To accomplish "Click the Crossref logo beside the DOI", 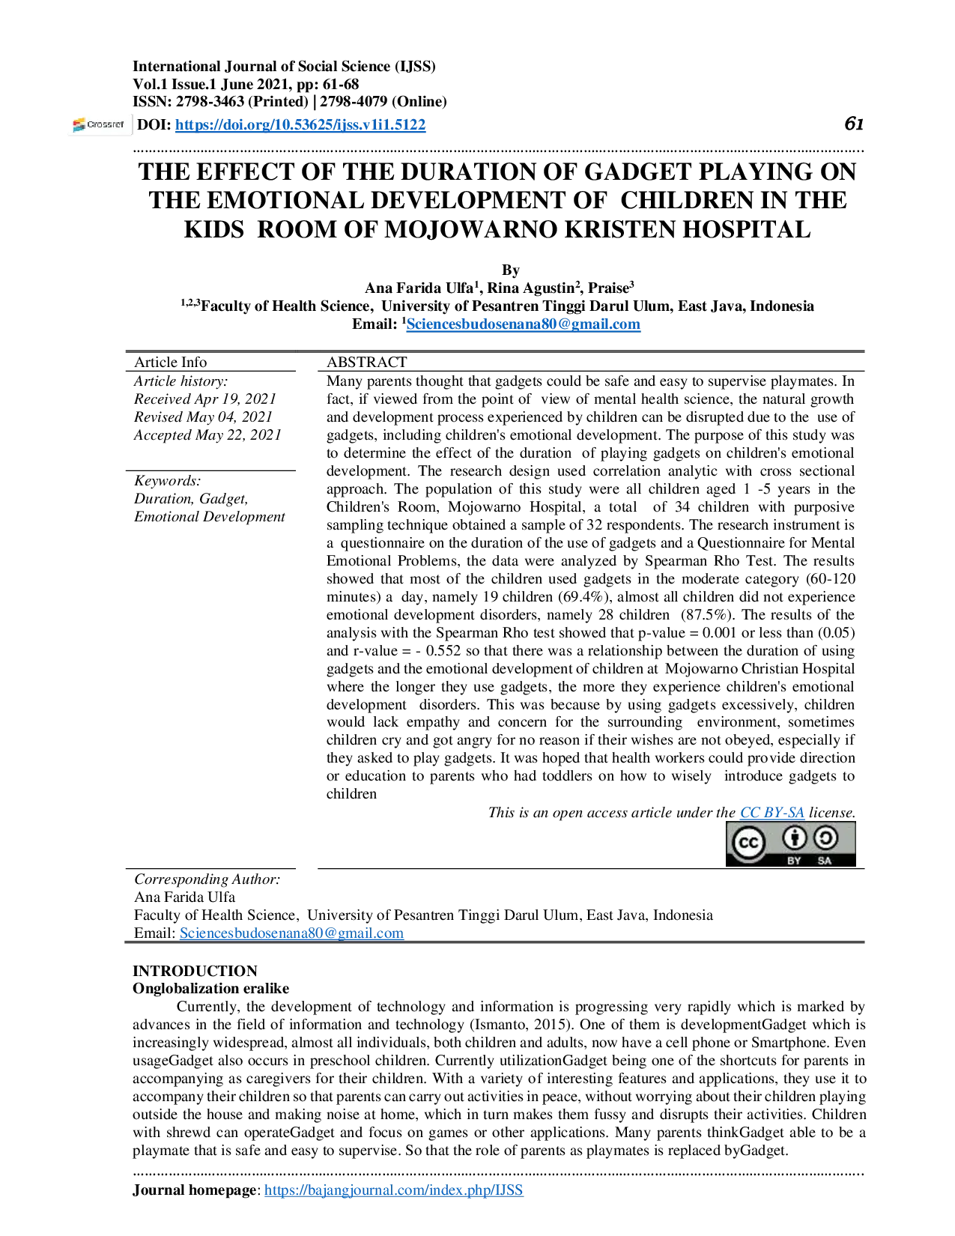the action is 99,125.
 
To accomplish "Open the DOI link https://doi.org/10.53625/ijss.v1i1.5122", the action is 300,125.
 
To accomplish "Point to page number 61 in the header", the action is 854,124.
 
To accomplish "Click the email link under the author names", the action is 523,324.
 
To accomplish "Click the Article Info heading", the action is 171,362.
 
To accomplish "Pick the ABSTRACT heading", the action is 367,362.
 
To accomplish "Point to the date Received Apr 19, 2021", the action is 205,399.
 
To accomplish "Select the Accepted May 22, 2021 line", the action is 207,435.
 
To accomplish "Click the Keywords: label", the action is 168,481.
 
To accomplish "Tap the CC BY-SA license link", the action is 772,813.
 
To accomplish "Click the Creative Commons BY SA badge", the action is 791,844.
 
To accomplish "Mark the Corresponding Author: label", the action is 207,879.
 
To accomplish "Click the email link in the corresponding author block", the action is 291,933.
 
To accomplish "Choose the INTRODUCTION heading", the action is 195,971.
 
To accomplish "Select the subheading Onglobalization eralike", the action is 210,989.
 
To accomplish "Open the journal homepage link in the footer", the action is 394,1190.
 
